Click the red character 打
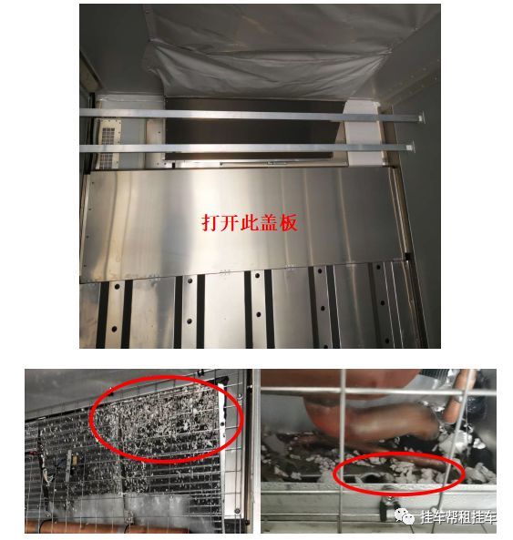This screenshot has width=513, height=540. (x=210, y=222)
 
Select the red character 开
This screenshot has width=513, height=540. (x=230, y=222)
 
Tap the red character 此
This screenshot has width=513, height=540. (x=250, y=222)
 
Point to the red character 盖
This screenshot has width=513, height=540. (x=269, y=222)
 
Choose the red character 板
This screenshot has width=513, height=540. (x=288, y=222)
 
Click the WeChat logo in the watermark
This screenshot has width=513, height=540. (x=405, y=516)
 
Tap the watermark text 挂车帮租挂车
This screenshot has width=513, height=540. (x=458, y=517)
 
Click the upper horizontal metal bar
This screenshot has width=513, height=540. (x=251, y=115)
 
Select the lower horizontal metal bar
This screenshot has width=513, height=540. (x=247, y=148)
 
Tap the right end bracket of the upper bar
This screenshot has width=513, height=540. (x=420, y=118)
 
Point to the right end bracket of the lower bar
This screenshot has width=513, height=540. (x=410, y=148)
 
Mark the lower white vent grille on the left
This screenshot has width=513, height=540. (x=107, y=160)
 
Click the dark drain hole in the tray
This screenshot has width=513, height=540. (x=370, y=478)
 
